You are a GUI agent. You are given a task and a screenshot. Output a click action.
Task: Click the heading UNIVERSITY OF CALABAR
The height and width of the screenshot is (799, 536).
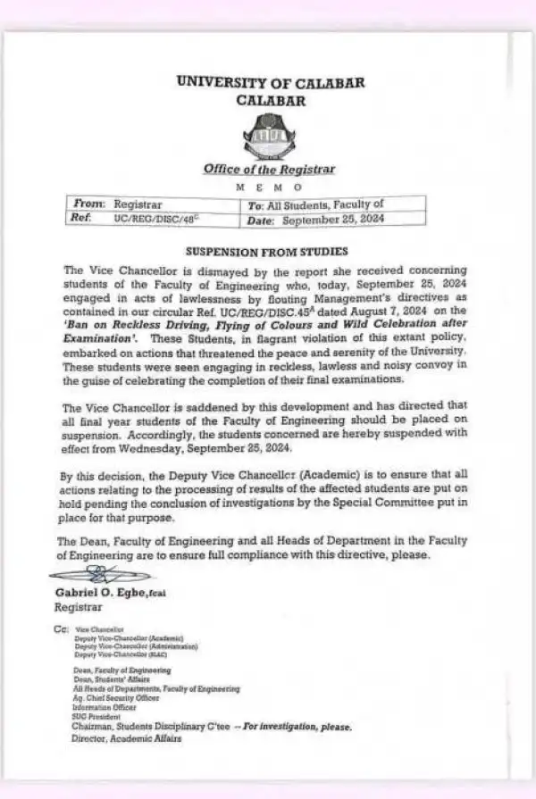pyautogui.click(x=271, y=82)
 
